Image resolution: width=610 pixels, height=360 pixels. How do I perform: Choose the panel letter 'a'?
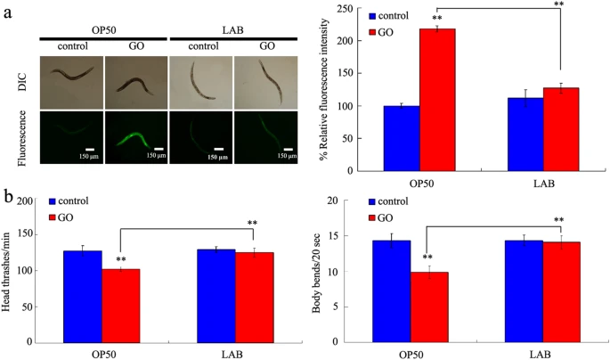[7, 11]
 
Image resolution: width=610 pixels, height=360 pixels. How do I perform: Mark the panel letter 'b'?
[8, 193]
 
